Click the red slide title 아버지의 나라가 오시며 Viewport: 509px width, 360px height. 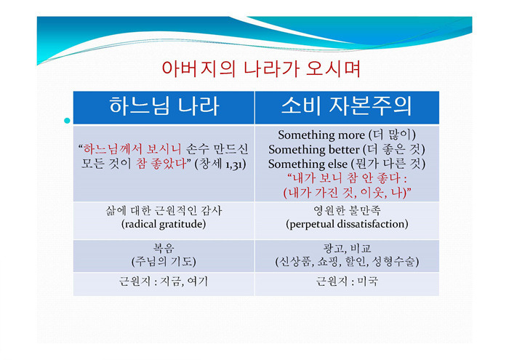(261, 69)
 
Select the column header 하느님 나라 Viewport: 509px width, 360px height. (164, 106)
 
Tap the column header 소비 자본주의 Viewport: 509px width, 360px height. (347, 106)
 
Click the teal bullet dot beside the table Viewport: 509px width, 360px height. (67, 121)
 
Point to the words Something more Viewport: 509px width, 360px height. (321, 135)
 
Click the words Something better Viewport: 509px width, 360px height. (313, 150)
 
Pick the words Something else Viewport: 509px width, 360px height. (308, 164)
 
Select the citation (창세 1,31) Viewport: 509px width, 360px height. (220, 164)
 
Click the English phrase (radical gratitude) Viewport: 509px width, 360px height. (164, 224)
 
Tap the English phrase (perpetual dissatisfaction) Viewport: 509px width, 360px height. (347, 224)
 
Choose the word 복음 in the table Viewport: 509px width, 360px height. (164, 248)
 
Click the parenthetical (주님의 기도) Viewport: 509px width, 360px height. (164, 262)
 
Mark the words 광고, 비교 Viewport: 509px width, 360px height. (347, 248)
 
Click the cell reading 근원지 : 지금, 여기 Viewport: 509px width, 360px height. (164, 281)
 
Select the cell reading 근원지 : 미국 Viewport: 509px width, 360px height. (347, 281)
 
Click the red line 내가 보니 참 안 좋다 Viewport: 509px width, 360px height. (347, 178)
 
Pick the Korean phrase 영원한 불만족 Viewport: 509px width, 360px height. (347, 211)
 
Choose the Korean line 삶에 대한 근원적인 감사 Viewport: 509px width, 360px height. (164, 211)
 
